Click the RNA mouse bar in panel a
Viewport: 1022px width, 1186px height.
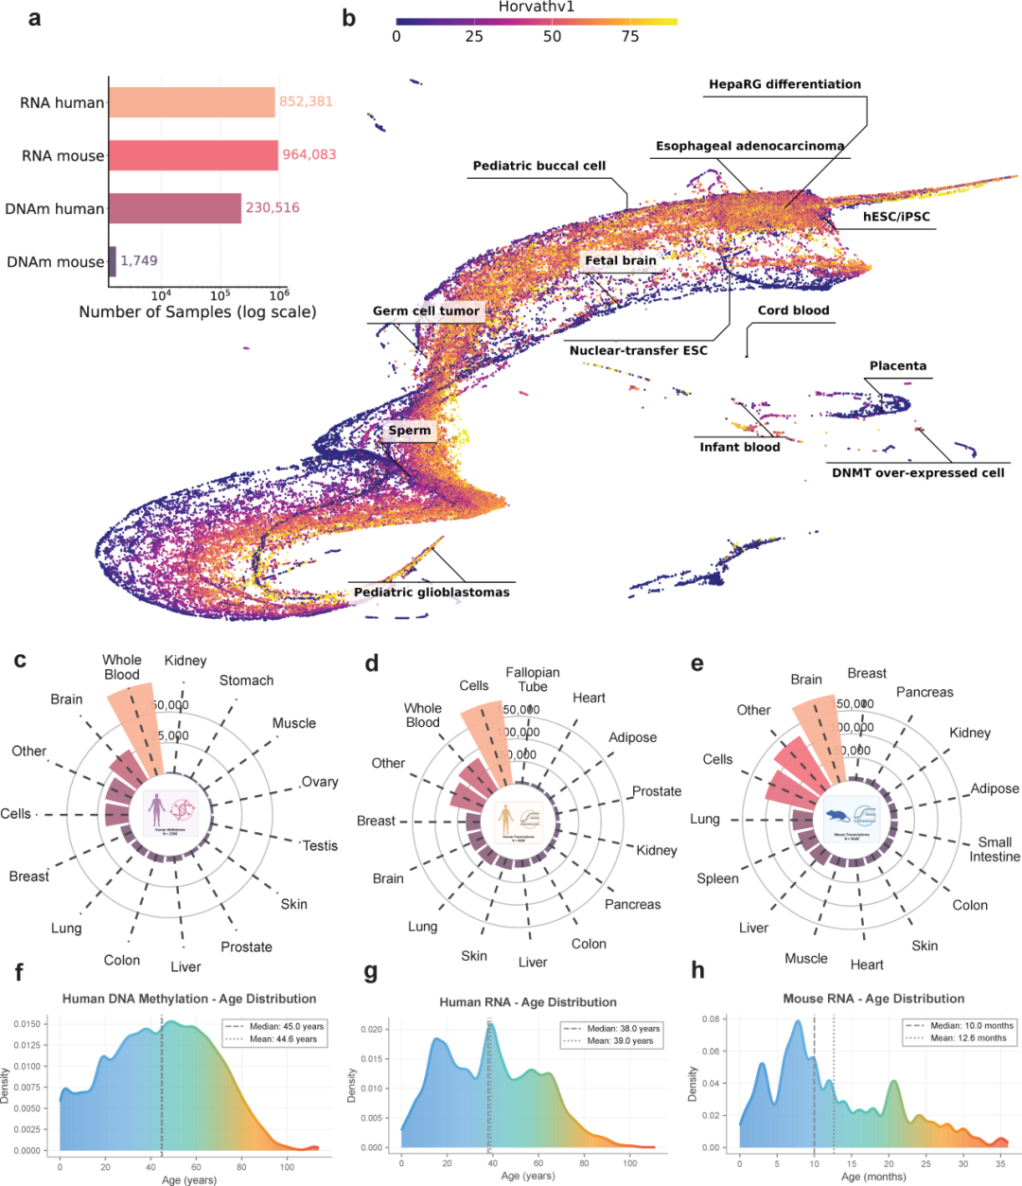click(193, 155)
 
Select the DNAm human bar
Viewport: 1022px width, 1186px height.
click(175, 208)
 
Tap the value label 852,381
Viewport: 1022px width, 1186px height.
click(306, 102)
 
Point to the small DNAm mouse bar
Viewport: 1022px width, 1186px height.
click(112, 261)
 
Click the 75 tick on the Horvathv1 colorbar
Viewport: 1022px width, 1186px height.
click(630, 37)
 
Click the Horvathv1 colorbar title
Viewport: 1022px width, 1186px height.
click(537, 8)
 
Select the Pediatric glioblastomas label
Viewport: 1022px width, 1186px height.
click(432, 593)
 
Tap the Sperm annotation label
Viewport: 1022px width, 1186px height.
click(410, 431)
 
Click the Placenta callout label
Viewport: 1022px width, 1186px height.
click(898, 366)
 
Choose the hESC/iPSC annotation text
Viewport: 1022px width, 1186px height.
click(896, 217)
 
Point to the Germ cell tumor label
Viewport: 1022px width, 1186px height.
click(427, 311)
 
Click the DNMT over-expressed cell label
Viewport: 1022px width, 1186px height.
click(918, 473)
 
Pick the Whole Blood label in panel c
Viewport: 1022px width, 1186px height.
click(122, 667)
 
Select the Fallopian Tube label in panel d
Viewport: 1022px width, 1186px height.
click(533, 679)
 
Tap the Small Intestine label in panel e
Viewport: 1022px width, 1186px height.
click(995, 849)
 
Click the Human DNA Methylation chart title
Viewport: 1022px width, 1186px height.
click(189, 999)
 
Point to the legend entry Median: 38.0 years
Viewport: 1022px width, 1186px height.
click(617, 1029)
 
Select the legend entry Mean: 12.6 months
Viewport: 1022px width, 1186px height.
click(965, 1038)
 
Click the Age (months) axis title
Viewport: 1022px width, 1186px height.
click(872, 1177)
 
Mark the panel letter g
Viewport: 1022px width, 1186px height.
click(370, 972)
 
